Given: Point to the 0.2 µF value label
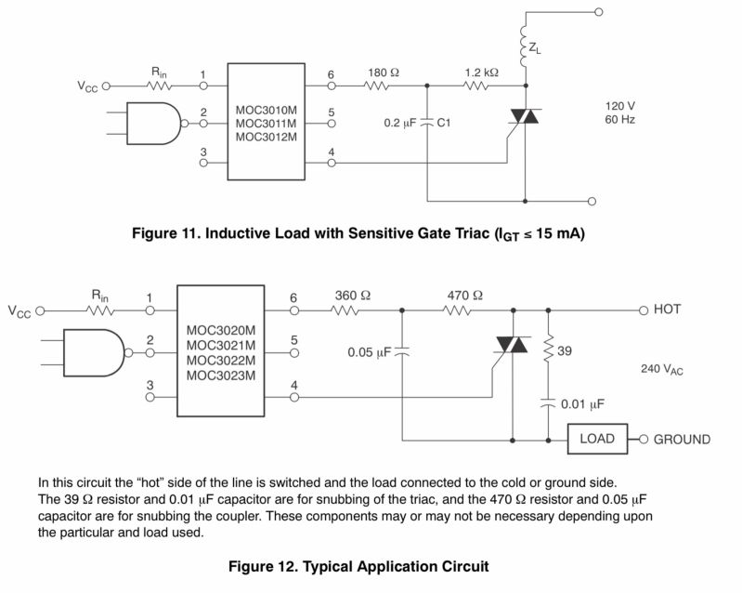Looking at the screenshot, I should tap(401, 122).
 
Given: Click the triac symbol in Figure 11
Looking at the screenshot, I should tap(526, 119).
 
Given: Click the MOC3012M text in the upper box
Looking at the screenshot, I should tap(266, 138).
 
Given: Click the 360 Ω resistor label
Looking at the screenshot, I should tap(352, 296).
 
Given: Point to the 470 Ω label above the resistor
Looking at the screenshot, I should tap(462, 296).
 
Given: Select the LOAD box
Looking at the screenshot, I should tap(596, 439).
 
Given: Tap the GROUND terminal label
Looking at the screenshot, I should tap(683, 440).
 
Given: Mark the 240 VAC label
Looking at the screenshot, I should tap(662, 369).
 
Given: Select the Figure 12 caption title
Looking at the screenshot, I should tap(358, 565).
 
